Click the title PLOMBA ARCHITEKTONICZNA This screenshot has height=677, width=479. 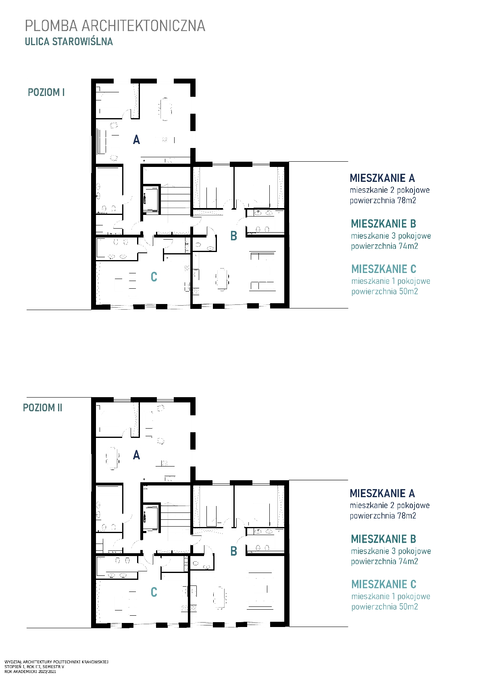click(x=115, y=26)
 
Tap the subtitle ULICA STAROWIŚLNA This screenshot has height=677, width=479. click(x=69, y=42)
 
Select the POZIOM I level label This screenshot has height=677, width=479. click(x=46, y=92)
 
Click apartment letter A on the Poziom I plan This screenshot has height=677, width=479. click(x=136, y=140)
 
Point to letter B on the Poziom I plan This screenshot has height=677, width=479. click(x=233, y=236)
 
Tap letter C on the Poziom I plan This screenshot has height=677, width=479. click(x=154, y=277)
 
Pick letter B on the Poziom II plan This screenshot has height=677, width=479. click(x=233, y=551)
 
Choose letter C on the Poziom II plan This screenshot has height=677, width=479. click(x=154, y=592)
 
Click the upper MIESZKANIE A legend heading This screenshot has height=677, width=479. click(x=382, y=178)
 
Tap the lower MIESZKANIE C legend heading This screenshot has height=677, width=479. click(x=384, y=584)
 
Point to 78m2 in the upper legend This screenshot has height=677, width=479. click(x=407, y=200)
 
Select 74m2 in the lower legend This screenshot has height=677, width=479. click(x=408, y=561)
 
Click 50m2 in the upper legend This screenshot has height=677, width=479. click(x=408, y=292)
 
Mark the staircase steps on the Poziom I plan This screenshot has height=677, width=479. click(x=175, y=200)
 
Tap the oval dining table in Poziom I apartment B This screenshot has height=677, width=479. click(x=222, y=279)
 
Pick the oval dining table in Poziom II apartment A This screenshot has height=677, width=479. click(x=112, y=458)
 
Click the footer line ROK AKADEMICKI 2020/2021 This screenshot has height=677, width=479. click(x=30, y=672)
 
